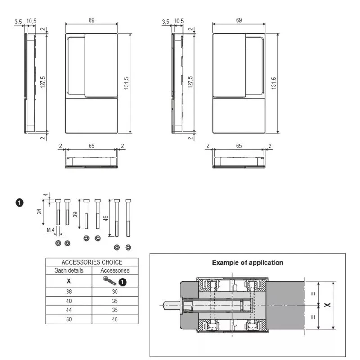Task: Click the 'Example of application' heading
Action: pyautogui.click(x=247, y=263)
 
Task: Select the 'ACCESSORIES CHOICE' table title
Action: pyautogui.click(x=92, y=262)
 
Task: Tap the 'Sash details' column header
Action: pyautogui.click(x=69, y=270)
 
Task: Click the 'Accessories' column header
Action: pyautogui.click(x=115, y=270)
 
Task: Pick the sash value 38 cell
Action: pyautogui.click(x=69, y=292)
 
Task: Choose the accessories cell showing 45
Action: pyautogui.click(x=115, y=319)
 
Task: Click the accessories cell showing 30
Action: pyautogui.click(x=115, y=292)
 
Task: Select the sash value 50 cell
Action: pyautogui.click(x=69, y=319)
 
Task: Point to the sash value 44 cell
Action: pyautogui.click(x=69, y=310)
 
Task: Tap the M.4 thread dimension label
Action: pyautogui.click(x=50, y=230)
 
